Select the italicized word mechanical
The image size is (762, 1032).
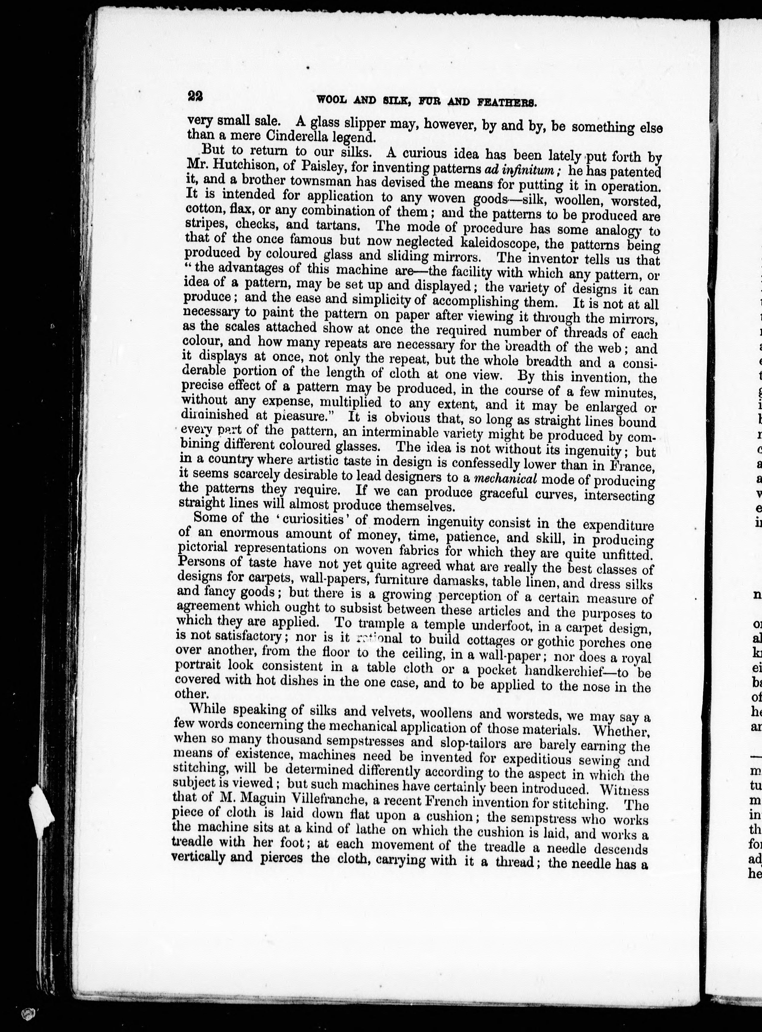pyautogui.click(x=506, y=479)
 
